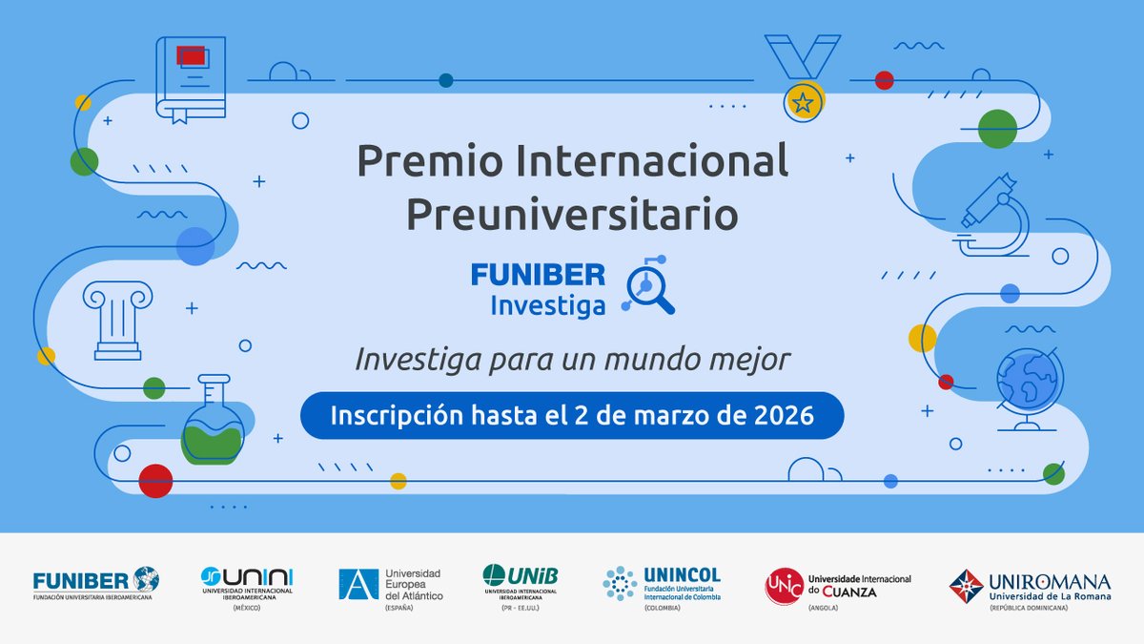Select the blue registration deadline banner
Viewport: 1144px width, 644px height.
point(572,417)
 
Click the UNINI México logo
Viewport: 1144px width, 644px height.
point(247,584)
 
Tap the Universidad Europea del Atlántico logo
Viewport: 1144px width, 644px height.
point(390,584)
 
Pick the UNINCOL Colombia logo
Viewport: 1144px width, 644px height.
point(662,583)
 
